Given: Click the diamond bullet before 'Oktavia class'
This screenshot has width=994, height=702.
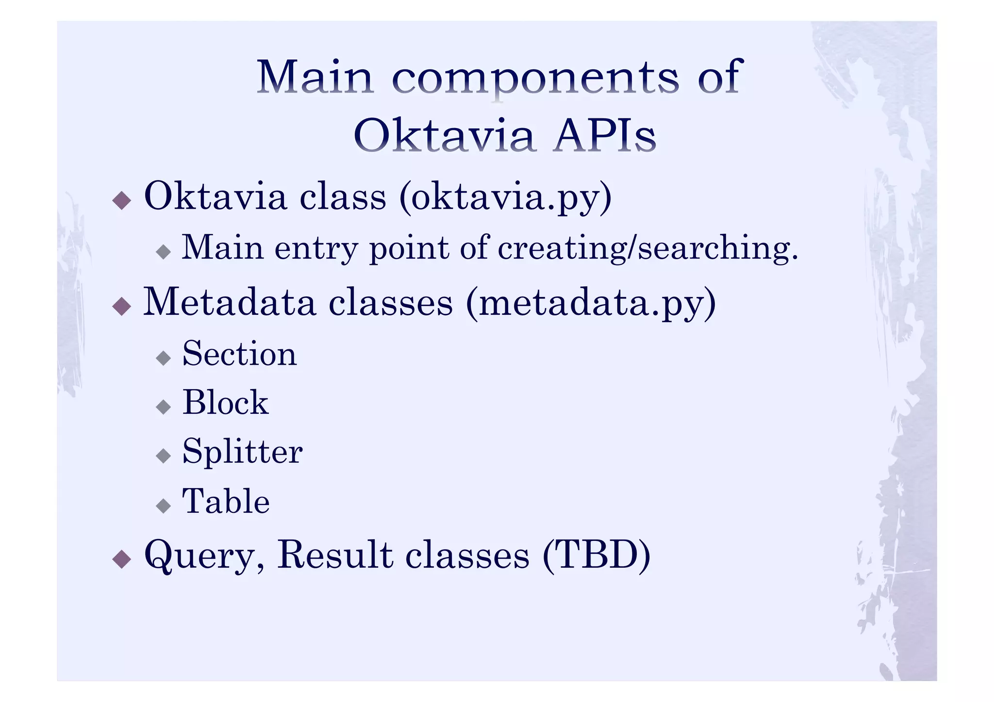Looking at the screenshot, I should point(121,200).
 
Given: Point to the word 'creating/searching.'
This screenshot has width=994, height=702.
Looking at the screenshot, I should point(648,248).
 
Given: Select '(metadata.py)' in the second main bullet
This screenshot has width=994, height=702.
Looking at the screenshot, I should point(591,303).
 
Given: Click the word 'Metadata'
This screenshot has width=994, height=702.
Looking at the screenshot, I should point(229,302).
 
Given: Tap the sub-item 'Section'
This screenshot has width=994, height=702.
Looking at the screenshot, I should point(239,354).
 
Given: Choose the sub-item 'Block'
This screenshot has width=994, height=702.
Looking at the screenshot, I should point(226,403).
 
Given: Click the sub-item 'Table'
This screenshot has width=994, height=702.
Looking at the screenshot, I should point(226,501).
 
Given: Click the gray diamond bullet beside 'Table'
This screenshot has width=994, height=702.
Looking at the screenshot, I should point(164,506).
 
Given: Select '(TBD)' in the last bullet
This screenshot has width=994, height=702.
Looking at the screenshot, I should point(596,555).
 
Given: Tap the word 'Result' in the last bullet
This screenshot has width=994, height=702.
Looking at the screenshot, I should point(335,555).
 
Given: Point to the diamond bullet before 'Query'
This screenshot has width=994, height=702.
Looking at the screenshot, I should point(121,559).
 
